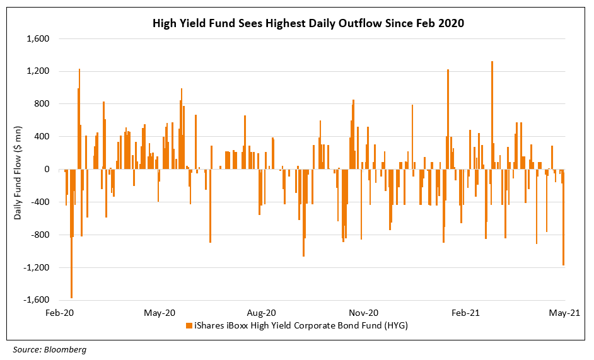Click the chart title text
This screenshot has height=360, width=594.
308,24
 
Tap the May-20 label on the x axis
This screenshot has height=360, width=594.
160,313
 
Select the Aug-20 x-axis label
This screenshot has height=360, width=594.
261,313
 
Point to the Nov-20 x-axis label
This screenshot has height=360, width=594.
363,313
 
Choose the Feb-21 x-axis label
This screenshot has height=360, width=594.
465,313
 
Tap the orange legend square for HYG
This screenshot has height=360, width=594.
189,325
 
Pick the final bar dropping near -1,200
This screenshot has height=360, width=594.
563,218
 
